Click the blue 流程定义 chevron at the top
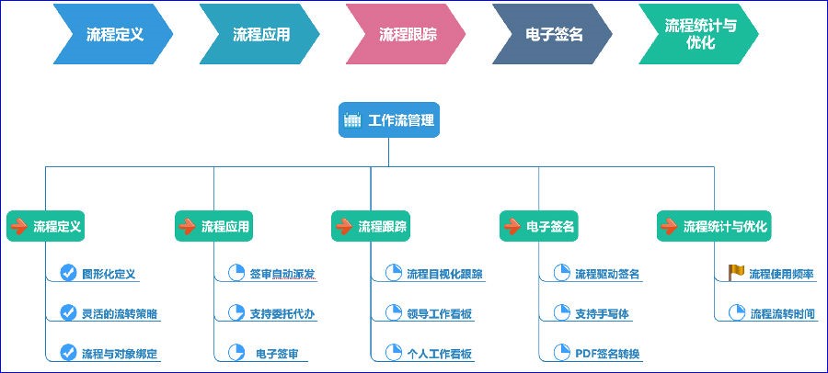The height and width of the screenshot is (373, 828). point(114,35)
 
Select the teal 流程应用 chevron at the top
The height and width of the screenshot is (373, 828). point(260,35)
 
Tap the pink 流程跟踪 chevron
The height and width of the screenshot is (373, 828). point(407,35)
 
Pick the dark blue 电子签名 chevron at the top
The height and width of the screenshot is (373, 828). point(553,35)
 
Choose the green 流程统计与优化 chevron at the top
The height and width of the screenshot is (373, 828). point(699,35)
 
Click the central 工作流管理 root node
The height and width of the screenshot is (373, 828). point(388,120)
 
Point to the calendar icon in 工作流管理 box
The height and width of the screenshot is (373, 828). point(352,120)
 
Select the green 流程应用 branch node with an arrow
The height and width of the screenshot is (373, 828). point(213,226)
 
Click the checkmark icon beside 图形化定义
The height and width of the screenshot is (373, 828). point(67,273)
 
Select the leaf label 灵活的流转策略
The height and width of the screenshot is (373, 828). point(119,313)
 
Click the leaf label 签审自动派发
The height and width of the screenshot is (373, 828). point(282,274)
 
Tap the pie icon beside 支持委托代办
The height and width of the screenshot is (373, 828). point(235,313)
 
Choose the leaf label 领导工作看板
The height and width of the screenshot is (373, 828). point(439,313)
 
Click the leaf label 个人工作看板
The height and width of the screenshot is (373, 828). point(439,354)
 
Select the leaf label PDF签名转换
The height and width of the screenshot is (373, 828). point(607,354)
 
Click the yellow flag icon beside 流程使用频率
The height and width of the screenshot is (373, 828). point(736,273)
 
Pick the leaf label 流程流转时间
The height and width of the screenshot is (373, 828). point(782,313)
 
